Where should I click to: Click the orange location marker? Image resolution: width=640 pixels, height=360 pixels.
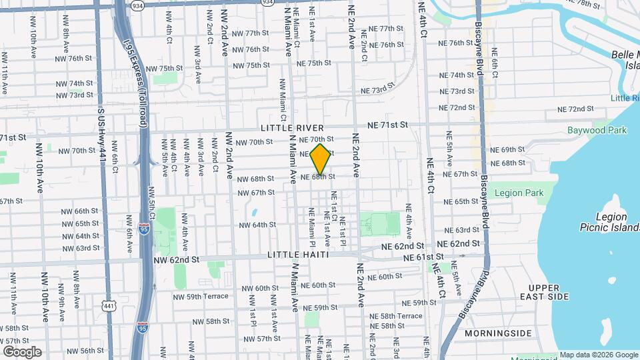321,159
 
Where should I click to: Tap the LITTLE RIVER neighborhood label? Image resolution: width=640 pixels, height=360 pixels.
292,127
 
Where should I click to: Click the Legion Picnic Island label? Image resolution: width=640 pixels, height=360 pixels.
611,222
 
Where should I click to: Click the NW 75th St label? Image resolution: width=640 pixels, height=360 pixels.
164,69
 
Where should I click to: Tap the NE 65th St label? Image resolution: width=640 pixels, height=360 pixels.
457,201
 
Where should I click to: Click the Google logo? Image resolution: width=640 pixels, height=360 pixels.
22,352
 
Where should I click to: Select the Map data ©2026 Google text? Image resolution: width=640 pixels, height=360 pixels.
598,355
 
